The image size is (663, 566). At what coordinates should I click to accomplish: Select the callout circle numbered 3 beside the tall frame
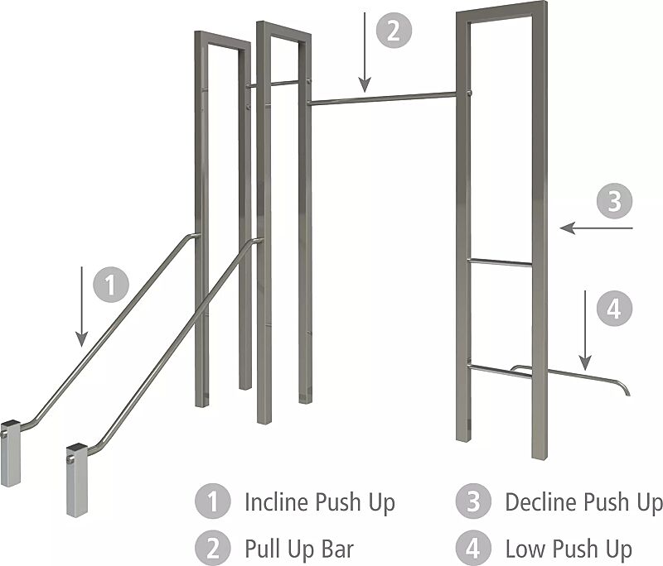click(x=615, y=202)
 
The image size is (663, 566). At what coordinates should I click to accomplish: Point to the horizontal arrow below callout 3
click(x=596, y=227)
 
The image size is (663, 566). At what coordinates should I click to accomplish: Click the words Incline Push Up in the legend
click(x=319, y=501)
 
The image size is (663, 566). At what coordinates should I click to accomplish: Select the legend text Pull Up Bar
click(x=299, y=548)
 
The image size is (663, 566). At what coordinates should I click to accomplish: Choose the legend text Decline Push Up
click(x=583, y=501)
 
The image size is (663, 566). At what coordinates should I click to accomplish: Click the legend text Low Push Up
click(x=569, y=548)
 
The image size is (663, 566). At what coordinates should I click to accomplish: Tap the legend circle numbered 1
click(x=212, y=501)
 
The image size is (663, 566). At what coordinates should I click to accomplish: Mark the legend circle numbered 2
click(x=212, y=548)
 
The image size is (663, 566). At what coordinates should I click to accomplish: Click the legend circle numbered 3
click(x=472, y=501)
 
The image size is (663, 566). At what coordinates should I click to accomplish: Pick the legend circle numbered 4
click(x=472, y=548)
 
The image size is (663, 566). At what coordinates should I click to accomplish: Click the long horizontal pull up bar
click(x=381, y=98)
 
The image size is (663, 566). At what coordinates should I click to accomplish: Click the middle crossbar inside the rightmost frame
click(x=500, y=262)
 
